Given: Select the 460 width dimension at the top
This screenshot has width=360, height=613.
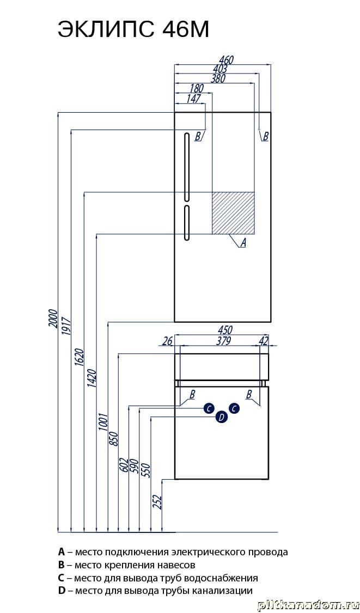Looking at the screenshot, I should tap(225, 60).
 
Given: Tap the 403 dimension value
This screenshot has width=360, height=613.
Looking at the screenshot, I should tap(220, 69).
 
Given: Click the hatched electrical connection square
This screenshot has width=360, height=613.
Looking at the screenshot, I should tap(233, 213).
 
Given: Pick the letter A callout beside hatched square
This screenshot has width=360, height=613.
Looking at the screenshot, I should tap(243, 243).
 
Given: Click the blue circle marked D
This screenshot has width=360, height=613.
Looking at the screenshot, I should tap(221, 417).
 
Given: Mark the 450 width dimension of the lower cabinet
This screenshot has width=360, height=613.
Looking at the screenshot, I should tap(225, 330).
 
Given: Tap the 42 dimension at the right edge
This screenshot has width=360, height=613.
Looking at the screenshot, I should tap(264, 341).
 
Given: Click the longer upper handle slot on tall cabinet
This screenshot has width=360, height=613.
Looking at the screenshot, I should tap(186, 167).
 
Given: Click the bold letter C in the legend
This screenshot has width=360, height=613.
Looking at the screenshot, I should tap(62, 578).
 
